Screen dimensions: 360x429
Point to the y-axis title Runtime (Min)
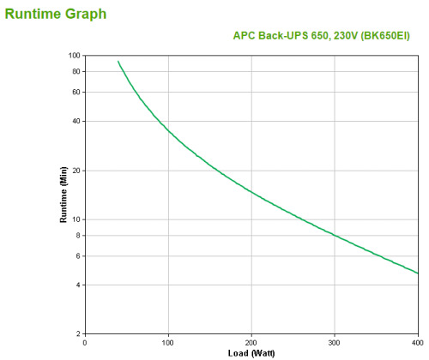pyautogui.click(x=63, y=195)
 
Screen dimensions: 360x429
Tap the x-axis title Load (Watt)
pyautogui.click(x=251, y=353)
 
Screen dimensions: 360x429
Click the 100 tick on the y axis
pyautogui.click(x=74, y=56)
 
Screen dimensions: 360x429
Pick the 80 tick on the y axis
pyautogui.click(x=76, y=71)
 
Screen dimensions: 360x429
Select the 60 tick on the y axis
pyautogui.click(x=76, y=92)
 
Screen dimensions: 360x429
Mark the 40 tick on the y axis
pyautogui.click(x=76, y=121)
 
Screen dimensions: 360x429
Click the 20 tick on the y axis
pyautogui.click(x=76, y=171)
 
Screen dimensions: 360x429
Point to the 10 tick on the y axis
pyautogui.click(x=76, y=220)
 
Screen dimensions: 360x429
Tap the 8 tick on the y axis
pyautogui.click(x=77, y=235)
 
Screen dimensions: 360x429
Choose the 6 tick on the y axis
pyautogui.click(x=77, y=255)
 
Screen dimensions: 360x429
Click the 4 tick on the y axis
pyautogui.click(x=77, y=285)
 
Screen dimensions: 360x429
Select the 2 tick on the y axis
pyautogui.click(x=77, y=333)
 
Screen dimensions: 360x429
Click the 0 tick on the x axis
pyautogui.click(x=85, y=342)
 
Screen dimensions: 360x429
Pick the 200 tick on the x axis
pyautogui.click(x=251, y=342)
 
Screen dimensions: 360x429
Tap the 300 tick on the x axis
pyautogui.click(x=335, y=342)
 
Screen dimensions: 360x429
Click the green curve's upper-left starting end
pyautogui.click(x=118, y=61)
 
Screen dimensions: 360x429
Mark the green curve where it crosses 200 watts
pyautogui.click(x=251, y=190)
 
